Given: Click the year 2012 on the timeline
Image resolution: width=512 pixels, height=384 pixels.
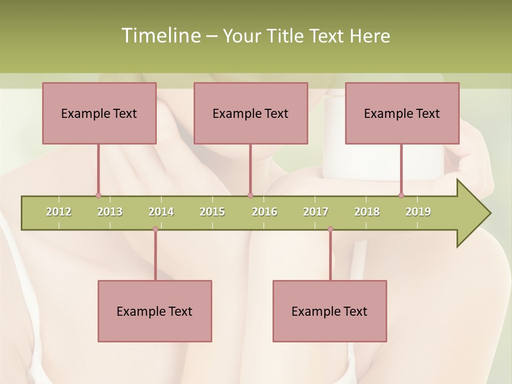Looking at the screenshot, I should [x=59, y=212].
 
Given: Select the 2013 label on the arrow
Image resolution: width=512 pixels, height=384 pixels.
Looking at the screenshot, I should [x=110, y=212].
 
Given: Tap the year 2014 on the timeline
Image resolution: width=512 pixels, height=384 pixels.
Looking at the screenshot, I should [x=161, y=212].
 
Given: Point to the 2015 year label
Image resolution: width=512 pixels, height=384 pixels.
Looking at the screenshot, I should [x=212, y=212].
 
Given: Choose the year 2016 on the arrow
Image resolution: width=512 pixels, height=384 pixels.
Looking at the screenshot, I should [x=265, y=212].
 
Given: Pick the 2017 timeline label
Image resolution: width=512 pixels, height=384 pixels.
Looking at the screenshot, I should [x=316, y=212].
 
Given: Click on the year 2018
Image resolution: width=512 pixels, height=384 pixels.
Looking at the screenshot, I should [x=367, y=212].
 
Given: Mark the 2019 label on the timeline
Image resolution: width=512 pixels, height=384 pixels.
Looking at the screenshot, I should [x=418, y=212].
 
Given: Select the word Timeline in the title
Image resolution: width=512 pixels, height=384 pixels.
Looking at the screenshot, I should [x=160, y=36].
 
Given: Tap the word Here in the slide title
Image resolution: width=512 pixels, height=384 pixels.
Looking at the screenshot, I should [x=370, y=36].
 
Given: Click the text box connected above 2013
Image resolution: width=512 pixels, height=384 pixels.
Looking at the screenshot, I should [x=99, y=113].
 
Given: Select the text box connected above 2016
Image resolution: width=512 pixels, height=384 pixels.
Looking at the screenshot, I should [x=251, y=113].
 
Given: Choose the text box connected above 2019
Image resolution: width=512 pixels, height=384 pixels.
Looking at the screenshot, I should [x=402, y=113].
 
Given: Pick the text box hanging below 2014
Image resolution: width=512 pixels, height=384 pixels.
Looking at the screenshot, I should [x=155, y=311].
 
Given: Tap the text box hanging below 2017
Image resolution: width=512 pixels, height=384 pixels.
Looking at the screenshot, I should [x=330, y=311].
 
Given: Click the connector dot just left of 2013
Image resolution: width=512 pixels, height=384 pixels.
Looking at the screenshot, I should [x=98, y=196].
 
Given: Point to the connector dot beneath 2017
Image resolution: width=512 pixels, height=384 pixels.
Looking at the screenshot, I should [x=330, y=229].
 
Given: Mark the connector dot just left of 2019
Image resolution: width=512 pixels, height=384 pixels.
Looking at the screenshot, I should [x=401, y=196].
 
